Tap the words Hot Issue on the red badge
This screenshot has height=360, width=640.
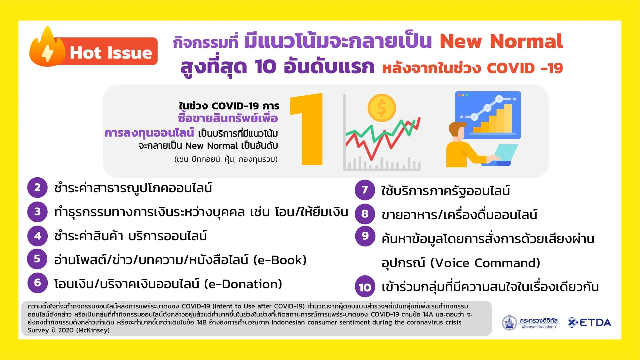click(x=111, y=52)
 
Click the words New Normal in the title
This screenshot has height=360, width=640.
click(x=501, y=41)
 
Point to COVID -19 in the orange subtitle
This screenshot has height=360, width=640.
click(x=525, y=68)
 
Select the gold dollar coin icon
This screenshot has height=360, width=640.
click(x=382, y=108)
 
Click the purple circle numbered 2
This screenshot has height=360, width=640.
click(x=37, y=188)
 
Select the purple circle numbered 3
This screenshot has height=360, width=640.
click(x=37, y=212)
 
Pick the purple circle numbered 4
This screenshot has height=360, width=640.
click(x=37, y=236)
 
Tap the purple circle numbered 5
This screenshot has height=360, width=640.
click(x=37, y=259)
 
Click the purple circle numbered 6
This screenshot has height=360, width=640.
click(x=37, y=283)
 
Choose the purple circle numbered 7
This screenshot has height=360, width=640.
click(x=365, y=190)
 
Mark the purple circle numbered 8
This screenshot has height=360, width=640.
click(x=365, y=214)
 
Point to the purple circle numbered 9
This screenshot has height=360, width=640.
click(x=365, y=236)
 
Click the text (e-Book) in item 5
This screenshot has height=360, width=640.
click(x=280, y=260)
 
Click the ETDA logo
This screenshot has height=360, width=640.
click(x=590, y=323)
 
